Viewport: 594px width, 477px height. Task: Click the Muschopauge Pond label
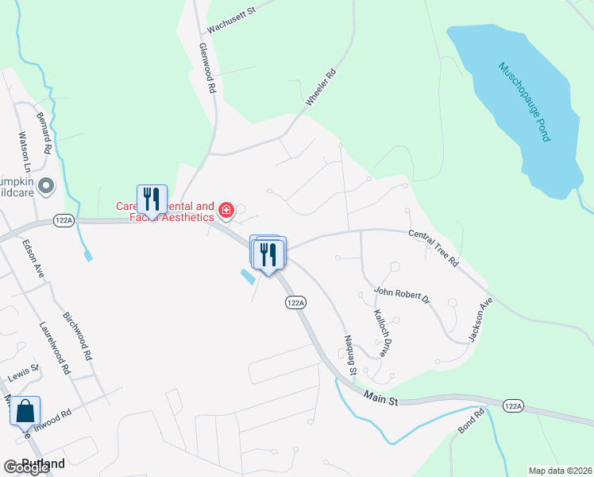point(523,103)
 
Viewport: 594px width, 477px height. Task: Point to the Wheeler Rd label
point(321,88)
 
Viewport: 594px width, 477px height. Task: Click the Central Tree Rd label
point(434,247)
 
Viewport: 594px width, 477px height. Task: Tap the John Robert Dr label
point(402,296)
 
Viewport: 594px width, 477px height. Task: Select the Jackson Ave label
point(481,320)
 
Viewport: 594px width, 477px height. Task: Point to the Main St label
point(380,397)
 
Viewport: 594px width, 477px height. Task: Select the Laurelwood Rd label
point(55,348)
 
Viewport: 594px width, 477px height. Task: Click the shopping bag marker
point(25,412)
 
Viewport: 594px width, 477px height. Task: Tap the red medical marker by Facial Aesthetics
point(226,211)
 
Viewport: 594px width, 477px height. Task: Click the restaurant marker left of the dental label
point(152,199)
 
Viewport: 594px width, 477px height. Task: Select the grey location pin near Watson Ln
point(45,187)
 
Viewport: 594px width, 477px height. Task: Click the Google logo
point(27,467)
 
